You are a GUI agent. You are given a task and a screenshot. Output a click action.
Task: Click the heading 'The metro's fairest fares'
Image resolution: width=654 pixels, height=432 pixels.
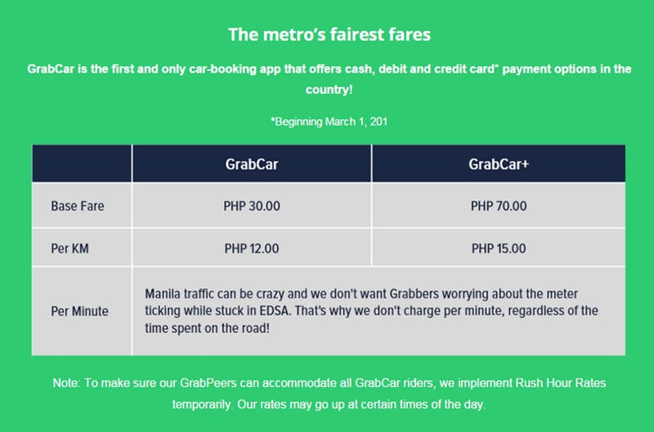pyautogui.click(x=329, y=34)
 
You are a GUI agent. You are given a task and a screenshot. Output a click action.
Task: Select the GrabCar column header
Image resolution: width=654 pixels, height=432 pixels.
pyautogui.click(x=252, y=164)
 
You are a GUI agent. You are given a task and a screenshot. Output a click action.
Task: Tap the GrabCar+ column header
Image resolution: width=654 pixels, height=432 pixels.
pyautogui.click(x=499, y=164)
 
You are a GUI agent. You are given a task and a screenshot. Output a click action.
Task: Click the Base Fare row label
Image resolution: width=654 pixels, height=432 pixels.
pyautogui.click(x=78, y=206)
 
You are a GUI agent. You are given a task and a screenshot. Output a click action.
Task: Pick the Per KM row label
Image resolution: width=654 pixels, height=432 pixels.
pyautogui.click(x=69, y=248)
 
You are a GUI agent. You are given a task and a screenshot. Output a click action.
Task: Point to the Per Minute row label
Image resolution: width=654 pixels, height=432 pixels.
pyautogui.click(x=79, y=311)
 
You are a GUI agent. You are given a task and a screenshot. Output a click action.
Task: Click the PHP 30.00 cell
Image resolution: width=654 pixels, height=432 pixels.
pyautogui.click(x=252, y=206)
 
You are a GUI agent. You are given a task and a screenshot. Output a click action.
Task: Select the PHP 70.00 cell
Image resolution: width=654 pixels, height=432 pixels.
pyautogui.click(x=499, y=206)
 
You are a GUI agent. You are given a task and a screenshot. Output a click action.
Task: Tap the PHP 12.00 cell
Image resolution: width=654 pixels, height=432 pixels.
pyautogui.click(x=252, y=248)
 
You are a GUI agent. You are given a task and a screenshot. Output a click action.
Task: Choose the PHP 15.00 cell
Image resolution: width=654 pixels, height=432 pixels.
pyautogui.click(x=499, y=248)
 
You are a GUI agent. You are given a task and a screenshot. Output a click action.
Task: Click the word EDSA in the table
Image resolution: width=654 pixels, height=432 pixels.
pyautogui.click(x=275, y=311)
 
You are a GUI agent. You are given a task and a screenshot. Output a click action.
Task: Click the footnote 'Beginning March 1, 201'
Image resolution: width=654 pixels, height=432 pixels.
pyautogui.click(x=329, y=122)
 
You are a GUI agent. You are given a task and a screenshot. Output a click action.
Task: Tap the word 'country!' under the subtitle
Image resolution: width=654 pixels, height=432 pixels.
pyautogui.click(x=329, y=90)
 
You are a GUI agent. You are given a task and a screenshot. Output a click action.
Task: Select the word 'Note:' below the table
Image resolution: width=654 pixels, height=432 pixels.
pyautogui.click(x=66, y=383)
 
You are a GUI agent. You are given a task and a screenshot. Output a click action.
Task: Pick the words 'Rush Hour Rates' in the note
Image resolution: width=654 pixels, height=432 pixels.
pyautogui.click(x=561, y=383)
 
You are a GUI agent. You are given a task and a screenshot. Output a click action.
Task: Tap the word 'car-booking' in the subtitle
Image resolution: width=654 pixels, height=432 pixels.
pyautogui.click(x=222, y=69)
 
